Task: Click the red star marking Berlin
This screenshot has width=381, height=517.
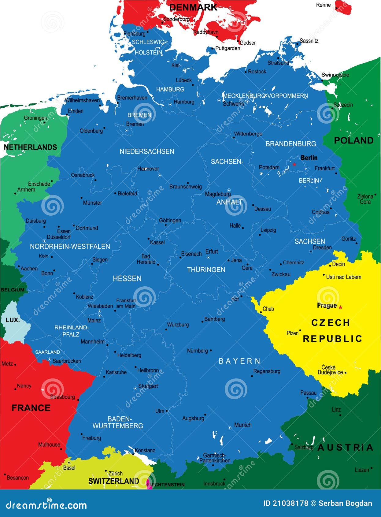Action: coord(294,164)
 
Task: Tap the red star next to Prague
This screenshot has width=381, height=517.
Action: coord(340,307)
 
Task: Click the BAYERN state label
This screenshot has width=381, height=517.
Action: coord(239,361)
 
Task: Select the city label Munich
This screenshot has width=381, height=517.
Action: coord(243,425)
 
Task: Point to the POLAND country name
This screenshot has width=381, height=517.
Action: coord(353,140)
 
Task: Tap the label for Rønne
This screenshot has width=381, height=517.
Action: coord(323,5)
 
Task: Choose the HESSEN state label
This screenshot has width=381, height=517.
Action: coord(127,278)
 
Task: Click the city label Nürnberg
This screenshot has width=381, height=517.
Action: coord(197,351)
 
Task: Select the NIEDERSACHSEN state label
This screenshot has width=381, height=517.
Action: coord(147,151)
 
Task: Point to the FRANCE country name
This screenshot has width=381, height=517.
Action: coord(31,408)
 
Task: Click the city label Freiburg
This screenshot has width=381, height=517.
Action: coord(91,438)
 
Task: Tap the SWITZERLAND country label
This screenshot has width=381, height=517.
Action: coord(113,481)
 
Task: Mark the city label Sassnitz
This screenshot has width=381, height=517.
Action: coord(309,41)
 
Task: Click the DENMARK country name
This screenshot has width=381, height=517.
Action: coord(193,7)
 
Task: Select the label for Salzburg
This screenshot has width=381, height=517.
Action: coord(304,447)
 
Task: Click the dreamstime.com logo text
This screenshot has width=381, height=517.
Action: coord(46,505)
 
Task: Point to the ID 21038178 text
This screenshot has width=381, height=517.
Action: coord(286,503)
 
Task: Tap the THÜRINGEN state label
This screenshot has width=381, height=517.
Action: coord(206,270)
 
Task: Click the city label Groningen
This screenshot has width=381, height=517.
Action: coord(35,118)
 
